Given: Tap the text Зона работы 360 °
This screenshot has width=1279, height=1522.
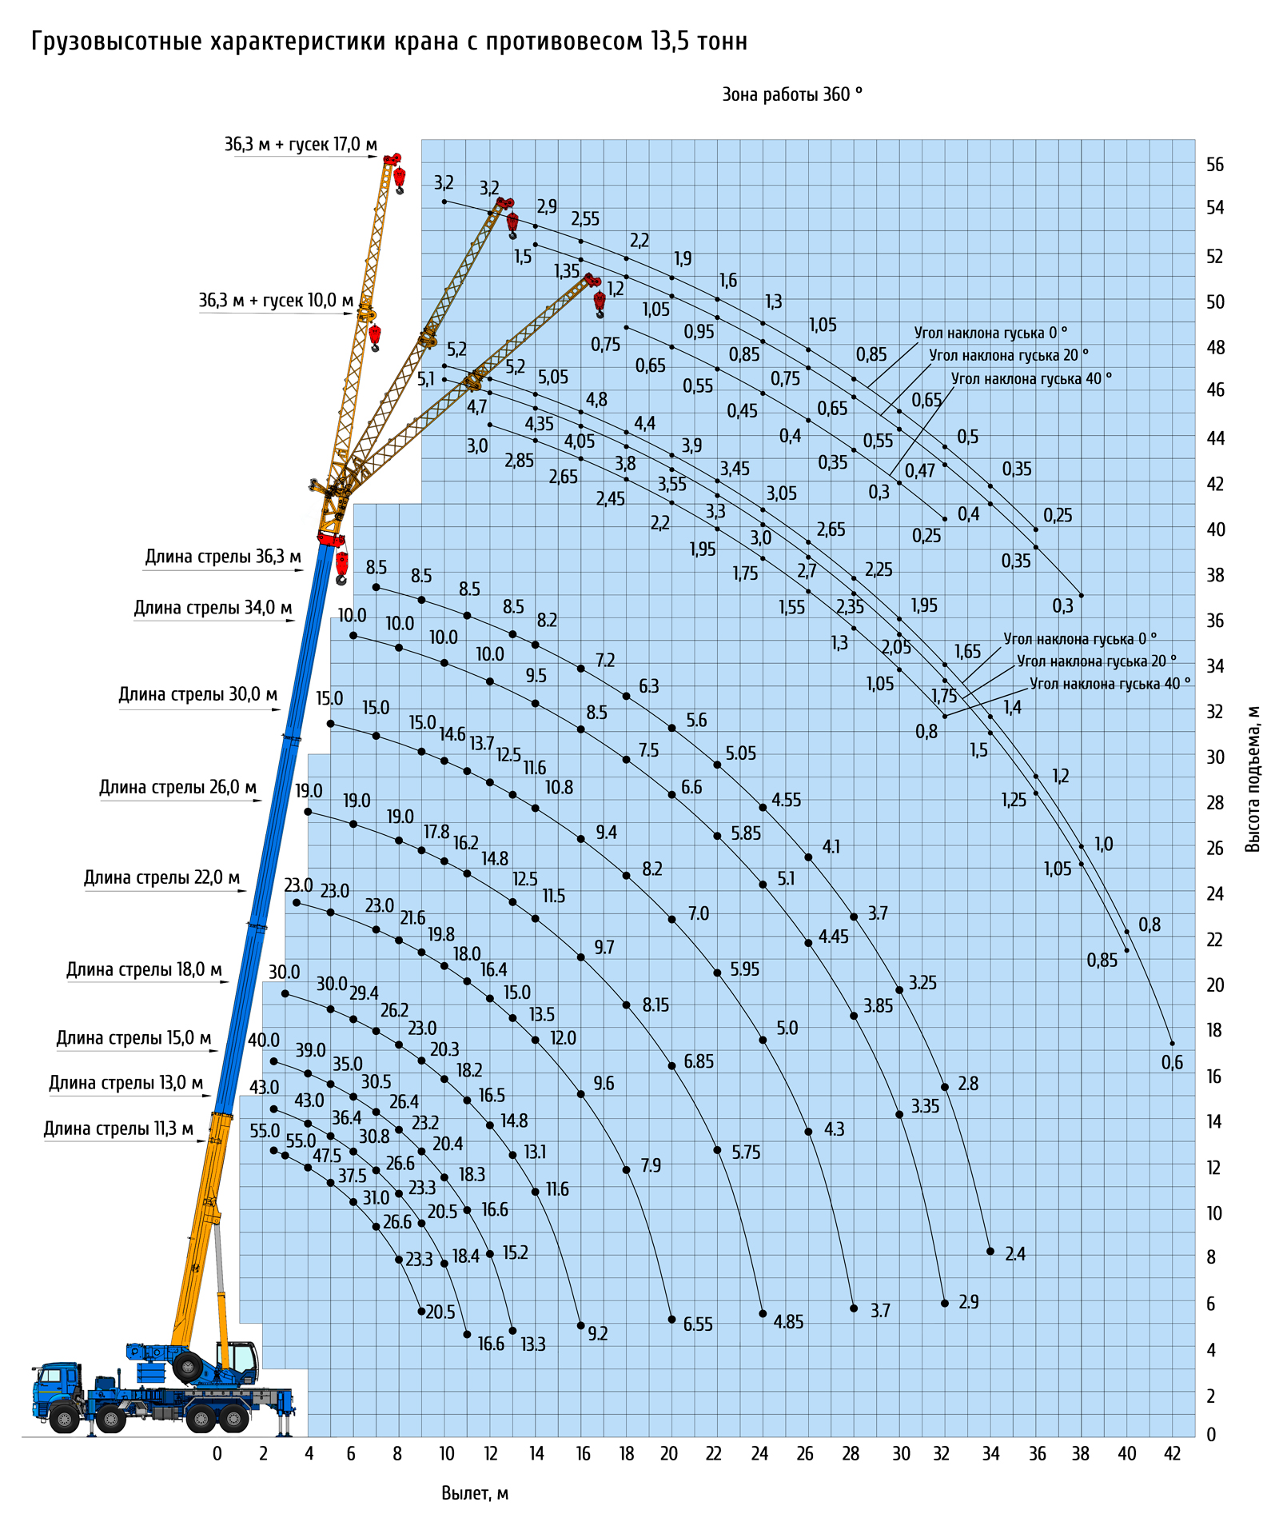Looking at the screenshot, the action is coord(791,95).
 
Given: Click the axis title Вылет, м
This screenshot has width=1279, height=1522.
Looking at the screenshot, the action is coord(475,1492).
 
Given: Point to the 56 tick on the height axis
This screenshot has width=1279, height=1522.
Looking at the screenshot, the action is coord(1214,165).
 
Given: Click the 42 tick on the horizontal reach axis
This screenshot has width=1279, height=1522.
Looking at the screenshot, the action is coord(1172,1453).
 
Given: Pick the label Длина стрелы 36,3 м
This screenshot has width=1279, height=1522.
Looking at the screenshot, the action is coord(223,557).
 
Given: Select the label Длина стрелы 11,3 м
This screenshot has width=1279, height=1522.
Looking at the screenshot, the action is coord(118,1129).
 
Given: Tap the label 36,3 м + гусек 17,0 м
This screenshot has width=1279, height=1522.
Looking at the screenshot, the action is coord(300,145).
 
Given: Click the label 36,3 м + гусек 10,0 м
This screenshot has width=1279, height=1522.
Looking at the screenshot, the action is coord(275,301).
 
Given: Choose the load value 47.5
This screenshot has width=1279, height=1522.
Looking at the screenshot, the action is coord(327,1156).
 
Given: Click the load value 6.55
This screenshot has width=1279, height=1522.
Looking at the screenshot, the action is coord(698,1324).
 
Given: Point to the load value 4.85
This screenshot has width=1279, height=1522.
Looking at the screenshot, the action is coord(788,1321).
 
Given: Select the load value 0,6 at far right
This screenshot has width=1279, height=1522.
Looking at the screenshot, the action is coord(1172,1062).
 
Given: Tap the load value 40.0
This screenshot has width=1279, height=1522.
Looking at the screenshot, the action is coord(263,1041).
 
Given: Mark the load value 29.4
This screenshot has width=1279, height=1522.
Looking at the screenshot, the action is coord(364,993).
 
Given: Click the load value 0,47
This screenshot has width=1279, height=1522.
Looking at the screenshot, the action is coord(920,471).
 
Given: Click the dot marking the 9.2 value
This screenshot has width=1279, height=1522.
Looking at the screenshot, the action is coord(581,1325).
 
